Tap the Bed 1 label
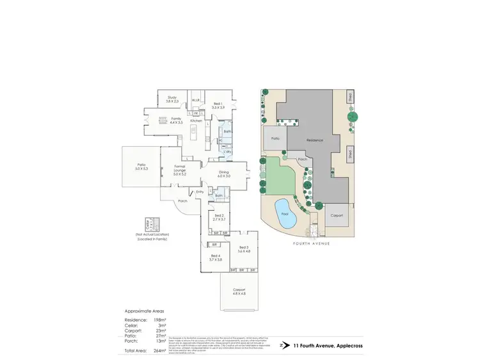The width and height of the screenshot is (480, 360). click(x=218, y=105)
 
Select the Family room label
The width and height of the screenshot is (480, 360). click(x=176, y=120)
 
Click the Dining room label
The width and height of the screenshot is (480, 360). click(x=224, y=173)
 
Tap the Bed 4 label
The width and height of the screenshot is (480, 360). click(x=215, y=258)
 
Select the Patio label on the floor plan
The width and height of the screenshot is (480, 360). click(x=141, y=167)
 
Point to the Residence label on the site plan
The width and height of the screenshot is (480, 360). click(x=314, y=140)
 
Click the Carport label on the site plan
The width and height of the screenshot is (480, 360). click(x=336, y=215)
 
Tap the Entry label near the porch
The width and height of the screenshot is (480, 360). click(x=200, y=192)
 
